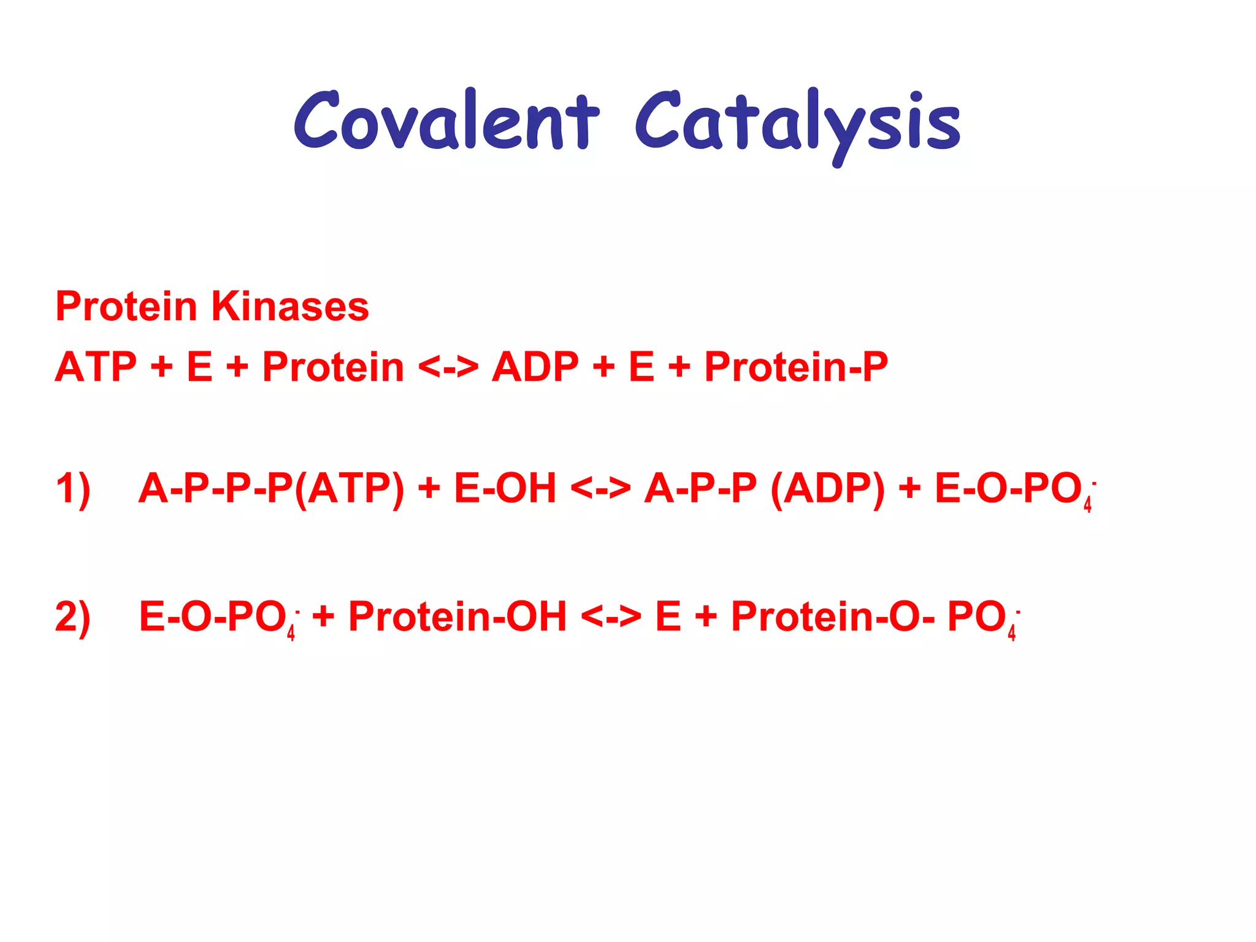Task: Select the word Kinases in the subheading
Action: coord(289,306)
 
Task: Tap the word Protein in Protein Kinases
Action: coord(126,306)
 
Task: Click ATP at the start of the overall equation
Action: coord(96,367)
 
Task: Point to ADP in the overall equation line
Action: coord(535,367)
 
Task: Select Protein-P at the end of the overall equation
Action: coord(795,367)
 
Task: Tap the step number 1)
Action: coord(73,489)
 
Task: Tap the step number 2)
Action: coord(73,616)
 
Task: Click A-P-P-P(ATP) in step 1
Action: coord(271,489)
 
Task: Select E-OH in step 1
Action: coord(505,489)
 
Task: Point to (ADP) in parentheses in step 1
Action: coord(827,489)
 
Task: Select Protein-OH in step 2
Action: coord(457,616)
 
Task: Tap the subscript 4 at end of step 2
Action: coord(1011,632)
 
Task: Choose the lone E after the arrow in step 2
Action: coord(668,616)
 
